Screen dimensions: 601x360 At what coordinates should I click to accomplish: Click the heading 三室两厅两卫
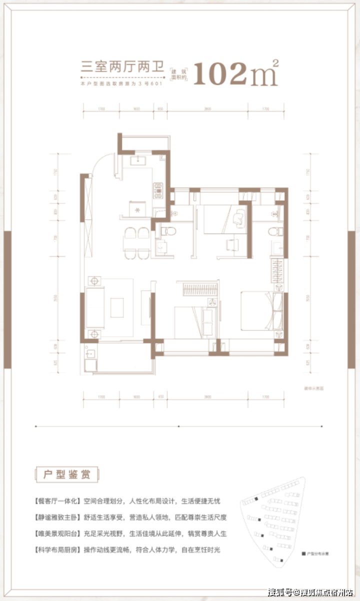[122, 66]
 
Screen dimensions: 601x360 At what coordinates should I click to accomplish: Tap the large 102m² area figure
[235, 74]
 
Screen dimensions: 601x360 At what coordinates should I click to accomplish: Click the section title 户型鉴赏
[66, 474]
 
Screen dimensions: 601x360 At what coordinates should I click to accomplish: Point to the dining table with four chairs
[136, 243]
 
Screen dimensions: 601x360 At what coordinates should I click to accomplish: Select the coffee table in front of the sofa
[117, 305]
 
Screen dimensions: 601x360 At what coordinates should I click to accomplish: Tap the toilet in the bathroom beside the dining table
[166, 231]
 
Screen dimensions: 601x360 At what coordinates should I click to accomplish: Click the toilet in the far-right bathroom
[273, 231]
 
